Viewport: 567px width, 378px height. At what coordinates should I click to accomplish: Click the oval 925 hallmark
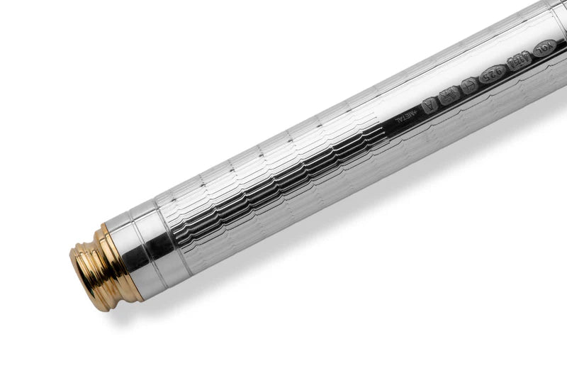(492, 74)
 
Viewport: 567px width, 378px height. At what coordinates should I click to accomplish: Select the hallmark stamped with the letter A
(430, 105)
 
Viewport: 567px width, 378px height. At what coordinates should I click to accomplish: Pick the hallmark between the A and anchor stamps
(449, 95)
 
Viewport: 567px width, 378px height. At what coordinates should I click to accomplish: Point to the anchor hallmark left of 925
(468, 85)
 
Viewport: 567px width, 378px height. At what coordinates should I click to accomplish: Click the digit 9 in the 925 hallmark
(500, 70)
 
